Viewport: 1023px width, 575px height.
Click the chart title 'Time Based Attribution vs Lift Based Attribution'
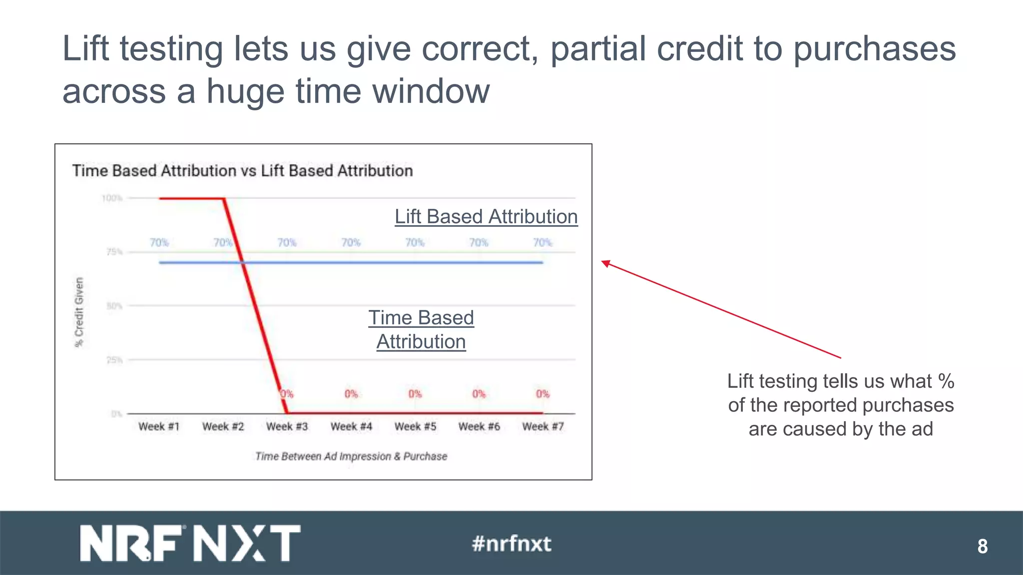tap(242, 171)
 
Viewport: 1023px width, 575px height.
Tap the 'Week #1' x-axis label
tap(159, 427)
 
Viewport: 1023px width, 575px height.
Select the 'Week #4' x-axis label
tap(351, 427)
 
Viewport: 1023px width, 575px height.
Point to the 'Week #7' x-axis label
tap(543, 427)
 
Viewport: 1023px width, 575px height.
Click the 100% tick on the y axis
tap(112, 198)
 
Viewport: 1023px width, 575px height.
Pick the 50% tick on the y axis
tap(114, 305)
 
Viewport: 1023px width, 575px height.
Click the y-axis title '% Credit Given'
tap(79, 312)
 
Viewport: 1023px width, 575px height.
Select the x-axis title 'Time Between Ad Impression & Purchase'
tap(351, 456)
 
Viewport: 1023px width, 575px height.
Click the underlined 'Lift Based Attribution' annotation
tap(486, 217)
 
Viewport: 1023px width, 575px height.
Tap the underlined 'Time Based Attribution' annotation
tap(421, 329)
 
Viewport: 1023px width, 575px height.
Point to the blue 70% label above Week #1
tap(159, 243)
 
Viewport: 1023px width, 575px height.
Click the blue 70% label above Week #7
tap(542, 243)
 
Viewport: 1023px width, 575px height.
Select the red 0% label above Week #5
tap(415, 394)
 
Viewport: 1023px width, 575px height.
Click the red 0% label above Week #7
tap(542, 394)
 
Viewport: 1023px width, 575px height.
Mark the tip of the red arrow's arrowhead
tap(602, 261)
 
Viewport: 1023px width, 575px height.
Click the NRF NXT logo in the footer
tap(190, 543)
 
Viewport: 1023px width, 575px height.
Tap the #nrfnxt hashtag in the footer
tap(511, 544)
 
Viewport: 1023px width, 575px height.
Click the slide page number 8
tap(982, 546)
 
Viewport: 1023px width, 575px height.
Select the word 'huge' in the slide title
tap(245, 91)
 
